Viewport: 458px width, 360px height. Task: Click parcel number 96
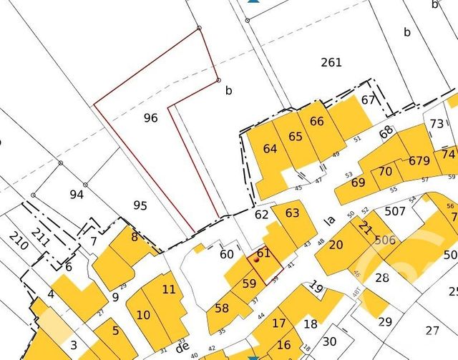tap(150, 118)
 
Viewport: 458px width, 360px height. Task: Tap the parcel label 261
tap(331, 62)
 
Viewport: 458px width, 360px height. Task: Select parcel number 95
tap(140, 205)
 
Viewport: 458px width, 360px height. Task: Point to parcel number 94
tap(77, 194)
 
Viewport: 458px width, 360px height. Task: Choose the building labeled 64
tap(270, 149)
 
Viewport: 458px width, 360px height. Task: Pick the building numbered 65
tap(296, 136)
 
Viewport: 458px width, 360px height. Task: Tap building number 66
tap(317, 121)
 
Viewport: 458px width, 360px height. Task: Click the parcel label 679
tap(420, 160)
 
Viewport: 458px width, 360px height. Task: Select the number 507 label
tap(395, 211)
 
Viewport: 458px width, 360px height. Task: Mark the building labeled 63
tap(292, 213)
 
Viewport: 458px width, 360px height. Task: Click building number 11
tap(169, 289)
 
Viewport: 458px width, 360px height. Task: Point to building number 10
tap(143, 314)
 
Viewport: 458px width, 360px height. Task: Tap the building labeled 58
tap(222, 308)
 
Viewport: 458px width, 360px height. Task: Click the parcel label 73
tap(437, 124)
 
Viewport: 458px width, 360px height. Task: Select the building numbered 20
tap(336, 245)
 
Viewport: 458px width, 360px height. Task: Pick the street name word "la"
tap(330, 220)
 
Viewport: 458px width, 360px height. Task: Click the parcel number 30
tap(329, 341)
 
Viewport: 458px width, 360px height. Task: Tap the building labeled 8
tap(134, 236)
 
